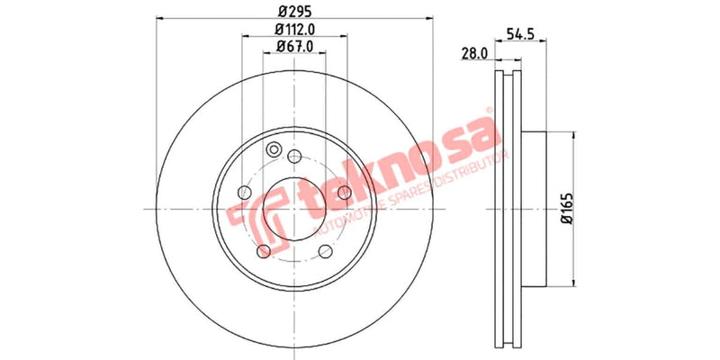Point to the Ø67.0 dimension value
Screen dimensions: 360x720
pos(294,47)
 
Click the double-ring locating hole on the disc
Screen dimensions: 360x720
pos(274,151)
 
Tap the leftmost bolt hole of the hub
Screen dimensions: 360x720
pos(244,192)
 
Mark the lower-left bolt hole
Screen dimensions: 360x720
pos(263,251)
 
